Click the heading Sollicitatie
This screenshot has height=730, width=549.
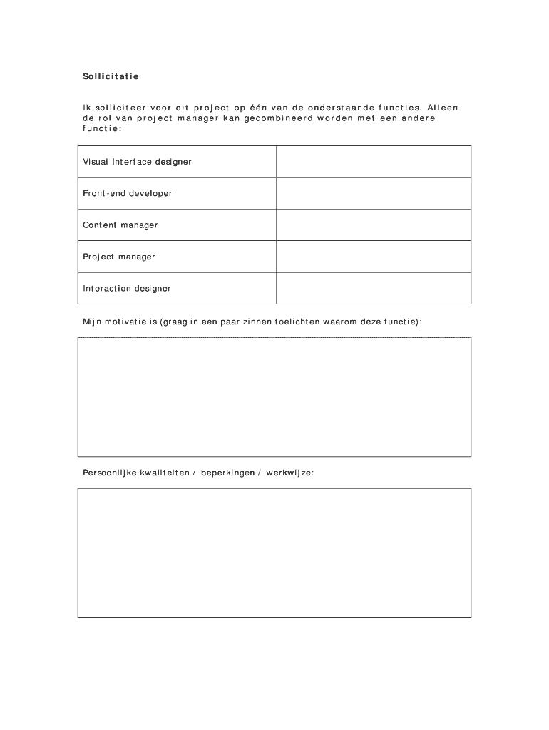pos(111,76)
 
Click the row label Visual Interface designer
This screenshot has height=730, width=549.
pos(137,162)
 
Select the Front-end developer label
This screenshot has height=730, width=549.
pos(128,193)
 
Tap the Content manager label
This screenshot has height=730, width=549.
pos(120,225)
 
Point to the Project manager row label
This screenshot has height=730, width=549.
pos(119,257)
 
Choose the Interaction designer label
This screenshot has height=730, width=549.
pos(127,289)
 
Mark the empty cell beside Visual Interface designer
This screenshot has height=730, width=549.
pos(373,162)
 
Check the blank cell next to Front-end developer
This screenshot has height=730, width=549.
pos(373,193)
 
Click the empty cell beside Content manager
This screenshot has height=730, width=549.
pos(373,225)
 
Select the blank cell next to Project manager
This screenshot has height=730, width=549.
pos(373,257)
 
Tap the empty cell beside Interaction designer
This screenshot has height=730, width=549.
pos(373,289)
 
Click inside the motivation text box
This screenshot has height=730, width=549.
pos(274,397)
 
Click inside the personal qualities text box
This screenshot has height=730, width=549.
pos(274,552)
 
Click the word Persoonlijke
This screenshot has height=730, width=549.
pos(110,473)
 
